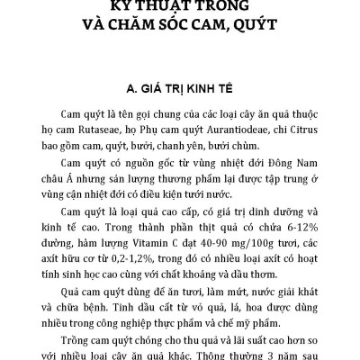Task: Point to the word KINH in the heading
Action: (x=198, y=90)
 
